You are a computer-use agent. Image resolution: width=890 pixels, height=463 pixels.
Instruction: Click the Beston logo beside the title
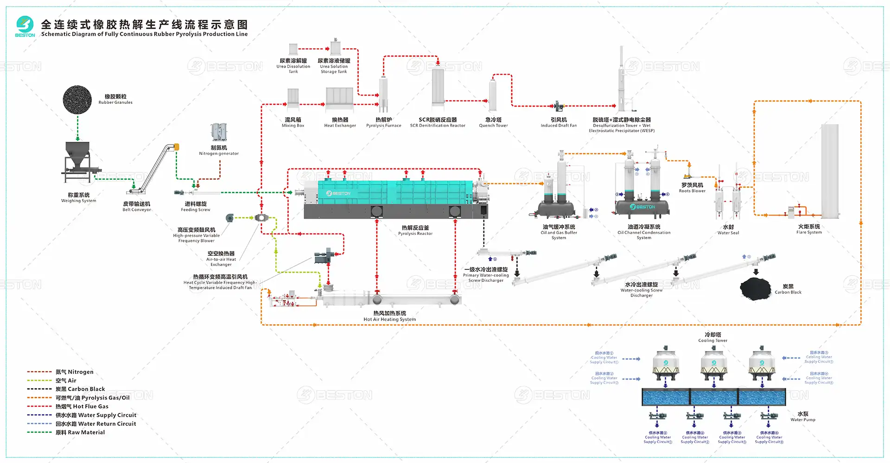25,26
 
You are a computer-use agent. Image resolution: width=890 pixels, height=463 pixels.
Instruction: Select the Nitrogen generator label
219,151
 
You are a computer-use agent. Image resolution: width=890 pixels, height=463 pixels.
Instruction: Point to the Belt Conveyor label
137,207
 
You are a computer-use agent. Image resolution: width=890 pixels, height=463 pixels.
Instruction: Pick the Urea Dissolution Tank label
293,66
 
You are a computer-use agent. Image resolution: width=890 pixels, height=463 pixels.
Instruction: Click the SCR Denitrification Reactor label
438,122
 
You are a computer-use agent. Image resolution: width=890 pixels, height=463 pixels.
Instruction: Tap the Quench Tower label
493,122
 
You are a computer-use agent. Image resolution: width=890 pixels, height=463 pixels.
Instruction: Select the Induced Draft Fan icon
559,106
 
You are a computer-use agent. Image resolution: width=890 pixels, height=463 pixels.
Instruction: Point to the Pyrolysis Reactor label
415,230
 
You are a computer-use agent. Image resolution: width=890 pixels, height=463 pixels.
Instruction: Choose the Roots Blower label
692,188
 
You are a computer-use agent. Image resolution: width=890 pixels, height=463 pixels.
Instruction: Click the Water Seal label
728,230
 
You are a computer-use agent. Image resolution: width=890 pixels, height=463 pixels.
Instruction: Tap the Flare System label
809,229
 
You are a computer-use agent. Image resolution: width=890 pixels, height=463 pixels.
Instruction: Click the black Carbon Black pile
755,288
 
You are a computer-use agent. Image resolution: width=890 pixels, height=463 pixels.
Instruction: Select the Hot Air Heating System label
390,316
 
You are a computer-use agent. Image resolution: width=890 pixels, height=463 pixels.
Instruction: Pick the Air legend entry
66,381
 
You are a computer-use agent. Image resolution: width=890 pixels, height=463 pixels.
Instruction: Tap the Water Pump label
803,417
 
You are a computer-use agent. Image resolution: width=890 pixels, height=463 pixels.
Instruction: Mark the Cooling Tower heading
713,337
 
